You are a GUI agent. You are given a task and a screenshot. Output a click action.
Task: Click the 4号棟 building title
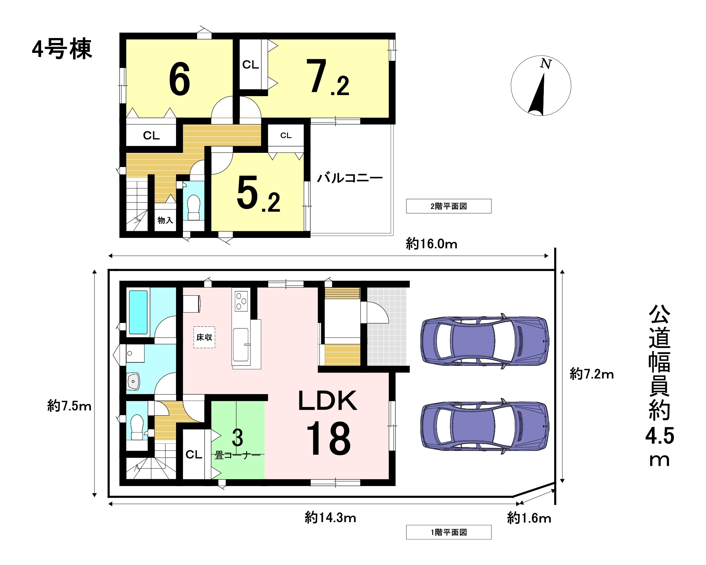coord(62,49)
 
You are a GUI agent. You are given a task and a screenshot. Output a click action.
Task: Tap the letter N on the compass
coord(546,64)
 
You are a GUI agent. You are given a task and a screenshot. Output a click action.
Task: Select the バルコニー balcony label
coord(350,178)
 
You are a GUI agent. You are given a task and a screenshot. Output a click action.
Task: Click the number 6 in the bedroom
coord(179,79)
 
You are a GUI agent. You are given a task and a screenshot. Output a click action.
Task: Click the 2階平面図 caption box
coord(449,206)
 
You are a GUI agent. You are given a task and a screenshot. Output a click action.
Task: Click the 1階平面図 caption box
coord(449,532)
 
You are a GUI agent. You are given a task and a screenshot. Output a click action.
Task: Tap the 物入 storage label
coord(165,220)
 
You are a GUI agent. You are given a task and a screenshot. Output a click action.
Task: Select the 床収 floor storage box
coord(204,337)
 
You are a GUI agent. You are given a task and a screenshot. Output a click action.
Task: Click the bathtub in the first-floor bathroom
coord(138,312)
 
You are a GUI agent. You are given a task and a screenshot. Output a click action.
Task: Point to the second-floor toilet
coord(194,207)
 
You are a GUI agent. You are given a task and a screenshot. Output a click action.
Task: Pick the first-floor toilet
coord(137,427)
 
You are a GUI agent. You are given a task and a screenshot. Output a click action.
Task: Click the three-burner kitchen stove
coord(241,301)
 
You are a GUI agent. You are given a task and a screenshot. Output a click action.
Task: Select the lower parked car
coord(484,426)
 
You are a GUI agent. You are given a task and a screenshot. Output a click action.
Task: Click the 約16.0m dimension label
coord(431,244)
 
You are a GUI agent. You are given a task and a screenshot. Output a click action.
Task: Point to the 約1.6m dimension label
coord(529,518)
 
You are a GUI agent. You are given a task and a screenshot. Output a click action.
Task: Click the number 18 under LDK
coord(328,438)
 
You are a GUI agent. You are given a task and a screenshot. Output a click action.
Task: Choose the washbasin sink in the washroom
coord(133,381)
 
